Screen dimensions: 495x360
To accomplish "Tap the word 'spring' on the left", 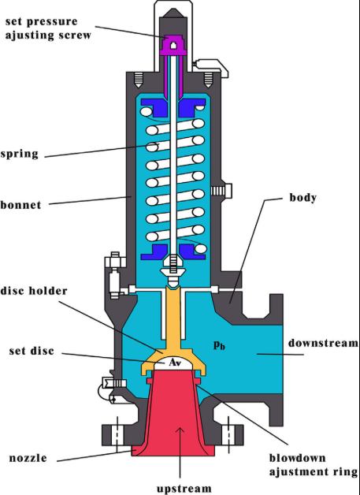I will [x=20, y=154].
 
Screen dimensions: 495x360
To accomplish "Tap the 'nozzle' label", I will [x=27, y=458].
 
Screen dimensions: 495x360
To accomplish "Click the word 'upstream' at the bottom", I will [x=184, y=488].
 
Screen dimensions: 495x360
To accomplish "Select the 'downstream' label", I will [x=323, y=344].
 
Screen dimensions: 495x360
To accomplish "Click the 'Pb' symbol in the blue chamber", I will [x=220, y=344].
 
